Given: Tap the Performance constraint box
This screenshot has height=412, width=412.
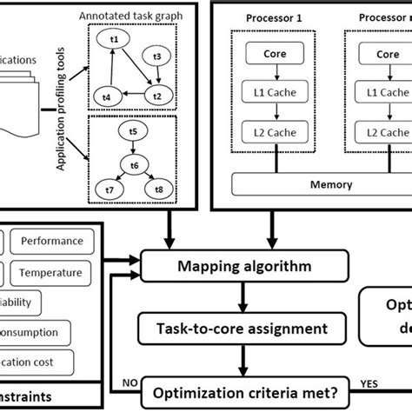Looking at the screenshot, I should tap(53, 241).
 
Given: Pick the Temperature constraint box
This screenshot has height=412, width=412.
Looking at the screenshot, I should tap(53, 272).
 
